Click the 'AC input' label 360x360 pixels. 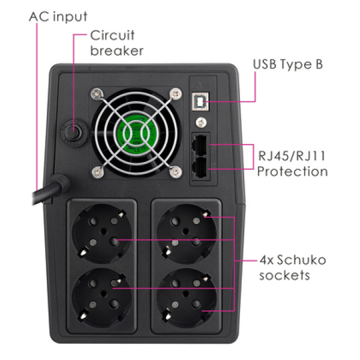coord(58,17)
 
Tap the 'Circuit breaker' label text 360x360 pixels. coord(116,43)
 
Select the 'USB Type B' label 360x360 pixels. coord(288,65)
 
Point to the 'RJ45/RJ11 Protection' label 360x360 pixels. coord(292,163)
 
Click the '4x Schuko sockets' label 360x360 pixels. coord(293,268)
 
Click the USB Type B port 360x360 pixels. coord(200,101)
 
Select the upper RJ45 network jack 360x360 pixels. coord(199,145)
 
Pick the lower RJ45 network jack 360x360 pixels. coord(199,167)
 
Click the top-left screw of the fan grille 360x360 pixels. coord(97,94)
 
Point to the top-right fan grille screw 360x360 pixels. coord(176,94)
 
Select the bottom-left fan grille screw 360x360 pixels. coord(98,172)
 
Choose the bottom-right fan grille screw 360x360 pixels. coord(176,172)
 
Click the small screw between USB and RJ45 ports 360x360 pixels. coord(201,122)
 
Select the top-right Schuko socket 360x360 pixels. coord(186,233)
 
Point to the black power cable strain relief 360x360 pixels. coord(61,182)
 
